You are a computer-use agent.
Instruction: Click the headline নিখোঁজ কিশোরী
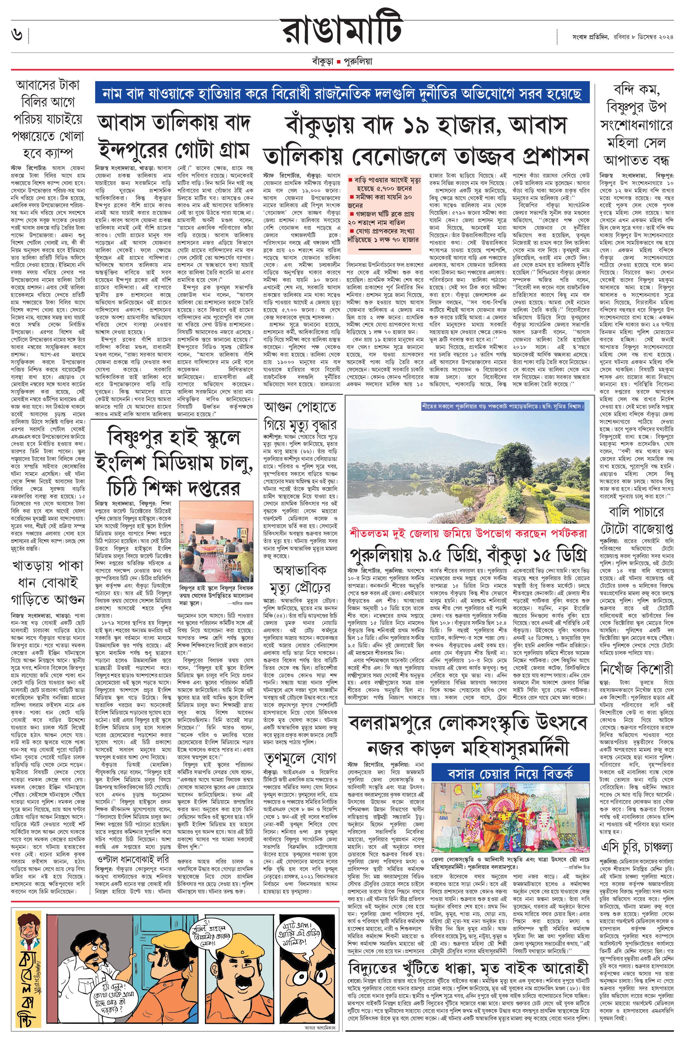637,670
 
